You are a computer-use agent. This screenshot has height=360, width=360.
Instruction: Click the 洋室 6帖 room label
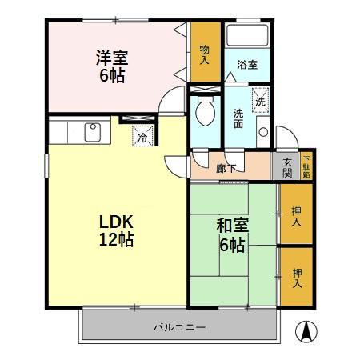click(x=113, y=66)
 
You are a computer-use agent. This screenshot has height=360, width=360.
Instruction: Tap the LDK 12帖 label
click(x=116, y=230)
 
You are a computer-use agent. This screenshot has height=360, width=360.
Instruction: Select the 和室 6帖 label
click(x=232, y=234)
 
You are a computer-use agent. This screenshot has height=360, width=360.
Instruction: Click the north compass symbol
click(x=306, y=330)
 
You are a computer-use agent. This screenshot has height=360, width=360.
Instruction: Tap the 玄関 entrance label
click(x=288, y=167)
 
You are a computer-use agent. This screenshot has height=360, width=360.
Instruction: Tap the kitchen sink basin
click(x=90, y=130)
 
